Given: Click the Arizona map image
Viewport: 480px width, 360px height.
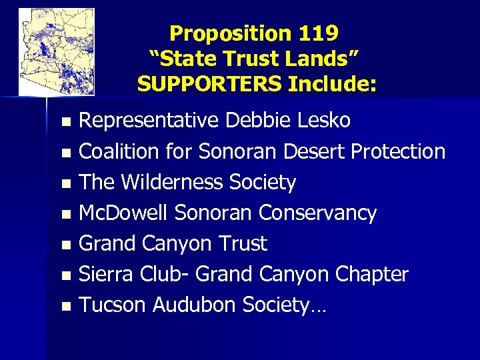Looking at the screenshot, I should [x=57, y=51].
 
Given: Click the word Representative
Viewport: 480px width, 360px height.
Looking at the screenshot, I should [x=150, y=121].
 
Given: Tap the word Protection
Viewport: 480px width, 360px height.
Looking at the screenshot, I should [x=398, y=151].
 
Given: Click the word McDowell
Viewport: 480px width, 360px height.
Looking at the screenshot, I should [x=124, y=213].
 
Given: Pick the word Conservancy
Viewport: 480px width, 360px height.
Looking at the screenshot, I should [x=318, y=213].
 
